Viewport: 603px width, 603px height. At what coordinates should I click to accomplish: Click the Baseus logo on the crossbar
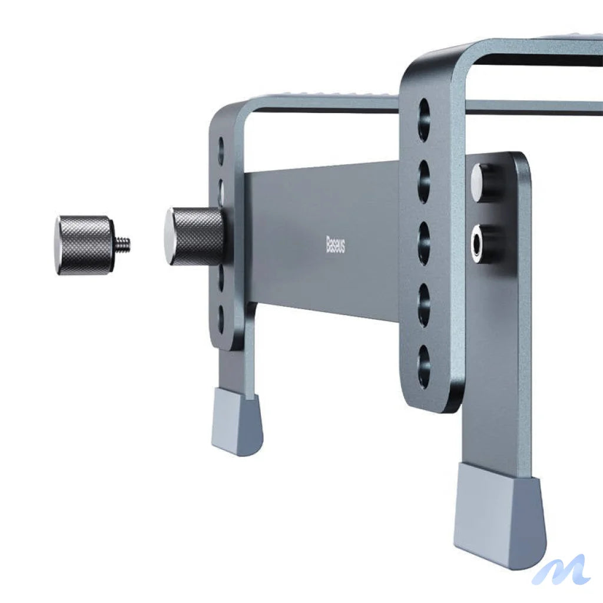pos(336,244)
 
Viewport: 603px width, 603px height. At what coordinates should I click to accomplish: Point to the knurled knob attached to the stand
pos(197,236)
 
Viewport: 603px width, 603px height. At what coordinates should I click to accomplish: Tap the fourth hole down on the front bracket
pos(424,305)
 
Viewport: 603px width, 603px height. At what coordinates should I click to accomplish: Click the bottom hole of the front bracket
pos(424,366)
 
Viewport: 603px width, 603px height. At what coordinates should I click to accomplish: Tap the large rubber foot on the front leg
pos(499,512)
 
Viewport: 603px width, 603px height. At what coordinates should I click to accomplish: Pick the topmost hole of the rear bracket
pos(221,150)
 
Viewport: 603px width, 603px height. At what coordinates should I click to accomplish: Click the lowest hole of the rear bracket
pos(221,319)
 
